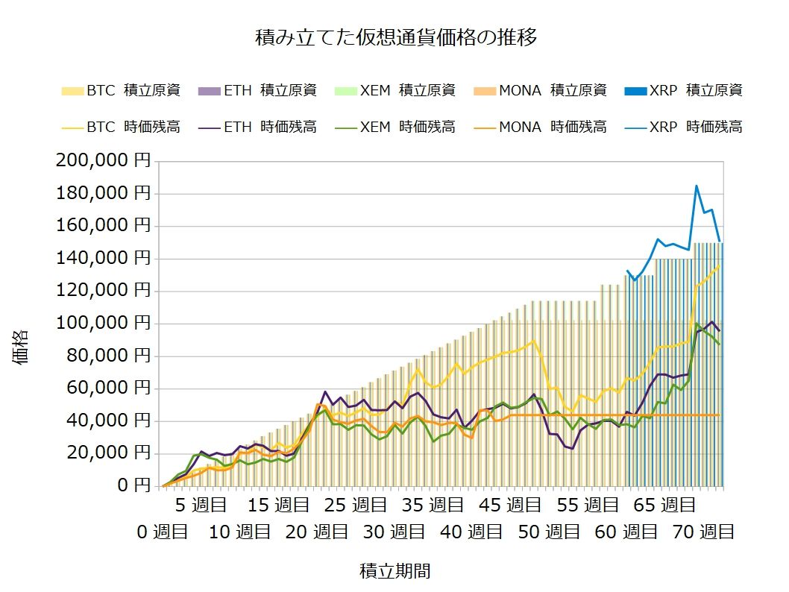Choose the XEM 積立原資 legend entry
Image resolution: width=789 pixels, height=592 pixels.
(397, 91)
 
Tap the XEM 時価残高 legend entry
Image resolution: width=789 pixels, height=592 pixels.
(397, 127)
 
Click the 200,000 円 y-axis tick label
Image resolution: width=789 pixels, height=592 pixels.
(103, 161)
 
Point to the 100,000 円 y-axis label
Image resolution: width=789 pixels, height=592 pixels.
(103, 324)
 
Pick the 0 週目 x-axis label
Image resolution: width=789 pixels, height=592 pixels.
(164, 532)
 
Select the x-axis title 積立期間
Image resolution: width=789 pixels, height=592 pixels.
(395, 572)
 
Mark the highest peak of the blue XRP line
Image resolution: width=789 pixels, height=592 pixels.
(697, 186)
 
